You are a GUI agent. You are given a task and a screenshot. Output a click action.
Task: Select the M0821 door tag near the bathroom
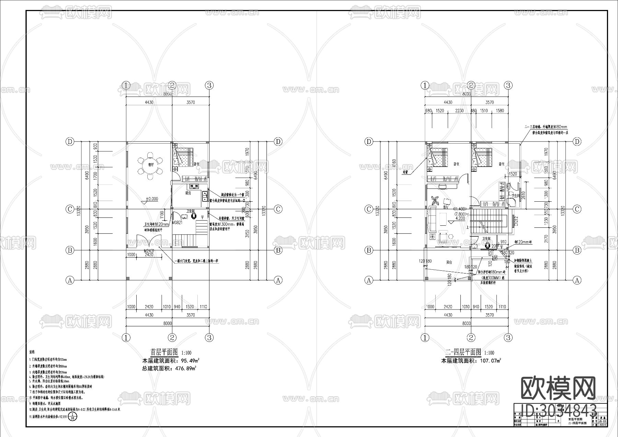[x=176, y=223]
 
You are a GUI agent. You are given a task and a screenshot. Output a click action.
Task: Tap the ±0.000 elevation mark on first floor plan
[x=151, y=199]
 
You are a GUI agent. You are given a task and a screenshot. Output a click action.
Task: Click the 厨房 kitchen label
[x=188, y=193]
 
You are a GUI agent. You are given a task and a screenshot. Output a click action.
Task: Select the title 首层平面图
[x=164, y=352]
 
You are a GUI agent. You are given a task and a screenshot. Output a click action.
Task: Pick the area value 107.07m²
[x=488, y=361]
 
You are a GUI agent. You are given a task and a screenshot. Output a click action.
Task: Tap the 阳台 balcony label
[x=449, y=262]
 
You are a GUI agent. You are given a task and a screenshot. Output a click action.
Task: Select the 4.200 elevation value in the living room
[x=460, y=218]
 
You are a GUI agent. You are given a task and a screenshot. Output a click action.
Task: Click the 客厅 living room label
[x=446, y=208]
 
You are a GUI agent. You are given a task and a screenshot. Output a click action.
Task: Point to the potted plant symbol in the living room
[x=435, y=200]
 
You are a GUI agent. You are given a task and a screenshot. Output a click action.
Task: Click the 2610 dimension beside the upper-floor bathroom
[x=523, y=195]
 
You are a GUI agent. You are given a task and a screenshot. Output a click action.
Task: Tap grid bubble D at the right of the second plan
[x=577, y=142]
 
